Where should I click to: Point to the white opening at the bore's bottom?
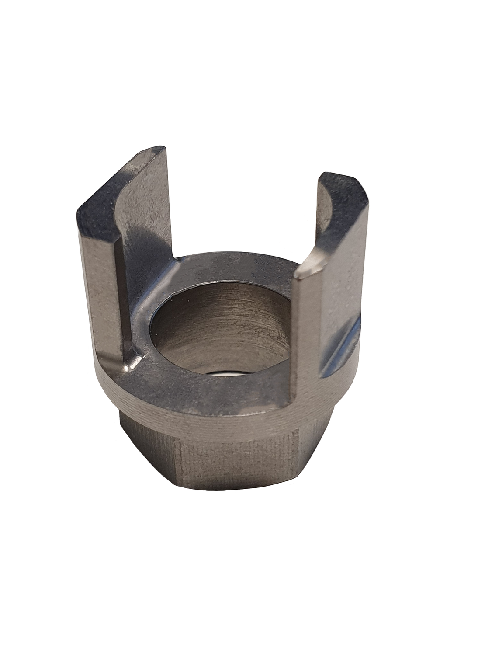[x=227, y=375]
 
